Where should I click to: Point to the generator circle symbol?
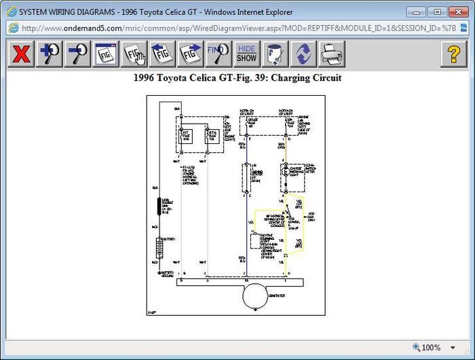pos(255,297)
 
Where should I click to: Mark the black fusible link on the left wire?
pos(160,206)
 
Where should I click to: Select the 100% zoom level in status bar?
pos(430,348)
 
